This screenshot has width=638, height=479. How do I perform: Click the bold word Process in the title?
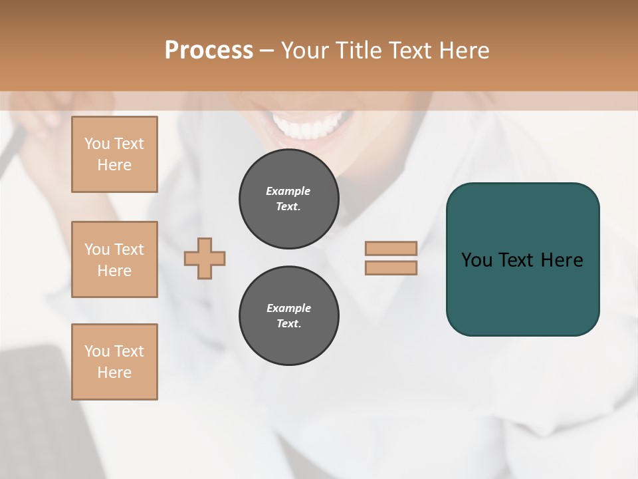209,51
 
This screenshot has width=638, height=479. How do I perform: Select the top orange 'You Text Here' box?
114,154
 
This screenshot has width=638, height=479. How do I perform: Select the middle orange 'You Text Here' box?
114,259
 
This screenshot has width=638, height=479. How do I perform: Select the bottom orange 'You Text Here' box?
114,362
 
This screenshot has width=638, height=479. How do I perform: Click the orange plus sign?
205,258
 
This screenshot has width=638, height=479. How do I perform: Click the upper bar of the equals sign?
391,248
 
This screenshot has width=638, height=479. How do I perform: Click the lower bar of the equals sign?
391,267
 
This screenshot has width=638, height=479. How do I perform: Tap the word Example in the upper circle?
288,191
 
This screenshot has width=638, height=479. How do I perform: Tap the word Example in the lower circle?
288,308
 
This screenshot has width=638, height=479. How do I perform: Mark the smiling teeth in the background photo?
310,125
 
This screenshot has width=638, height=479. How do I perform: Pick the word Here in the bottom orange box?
114,373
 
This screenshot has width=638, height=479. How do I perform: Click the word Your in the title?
308,51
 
